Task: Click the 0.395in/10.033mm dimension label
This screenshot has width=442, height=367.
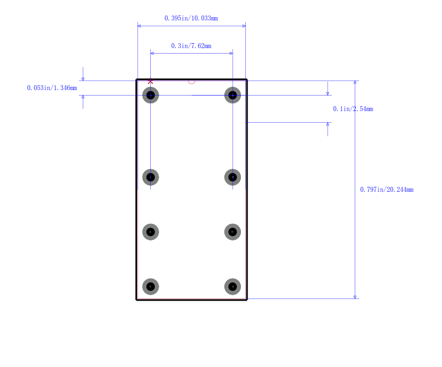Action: click(191, 18)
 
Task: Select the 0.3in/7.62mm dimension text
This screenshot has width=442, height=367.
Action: click(191, 46)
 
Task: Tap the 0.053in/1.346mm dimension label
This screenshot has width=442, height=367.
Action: click(52, 88)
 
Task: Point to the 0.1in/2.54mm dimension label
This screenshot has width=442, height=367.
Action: click(352, 109)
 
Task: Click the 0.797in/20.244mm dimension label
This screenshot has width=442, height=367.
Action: click(386, 190)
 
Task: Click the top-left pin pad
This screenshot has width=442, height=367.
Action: click(151, 95)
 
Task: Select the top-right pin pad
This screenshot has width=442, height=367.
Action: click(233, 95)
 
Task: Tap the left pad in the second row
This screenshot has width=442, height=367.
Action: click(151, 177)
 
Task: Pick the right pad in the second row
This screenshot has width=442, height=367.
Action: click(233, 177)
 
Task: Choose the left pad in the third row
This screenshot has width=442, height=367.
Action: click(151, 232)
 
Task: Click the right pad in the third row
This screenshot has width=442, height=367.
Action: click(233, 232)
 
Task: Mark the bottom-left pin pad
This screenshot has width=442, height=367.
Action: click(151, 286)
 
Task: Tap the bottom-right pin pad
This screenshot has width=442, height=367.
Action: click(233, 286)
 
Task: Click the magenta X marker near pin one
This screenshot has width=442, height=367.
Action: click(150, 81)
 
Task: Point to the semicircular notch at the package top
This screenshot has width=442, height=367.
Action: click(192, 82)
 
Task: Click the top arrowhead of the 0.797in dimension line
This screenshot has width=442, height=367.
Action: click(355, 83)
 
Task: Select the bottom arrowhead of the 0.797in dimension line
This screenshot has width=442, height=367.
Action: click(355, 297)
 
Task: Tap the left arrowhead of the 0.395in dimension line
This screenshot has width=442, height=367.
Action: click(139, 25)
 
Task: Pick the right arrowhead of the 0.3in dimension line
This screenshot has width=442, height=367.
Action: click(230, 53)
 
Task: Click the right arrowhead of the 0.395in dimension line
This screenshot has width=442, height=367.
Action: click(244, 25)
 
